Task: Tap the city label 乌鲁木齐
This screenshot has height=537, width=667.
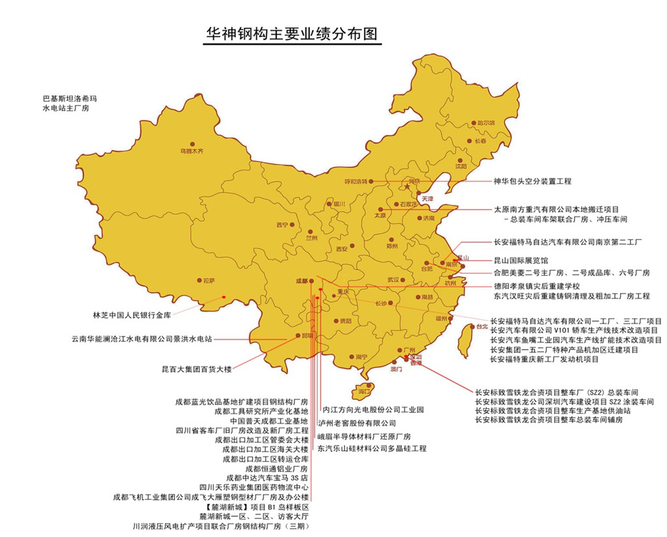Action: tap(192, 151)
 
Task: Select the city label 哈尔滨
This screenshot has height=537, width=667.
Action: tap(485, 123)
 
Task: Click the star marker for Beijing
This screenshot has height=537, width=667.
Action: tap(407, 187)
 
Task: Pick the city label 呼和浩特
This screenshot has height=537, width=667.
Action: tap(356, 182)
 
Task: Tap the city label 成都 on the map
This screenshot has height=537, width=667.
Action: tap(301, 281)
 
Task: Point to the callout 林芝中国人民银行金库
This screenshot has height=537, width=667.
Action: tap(132, 315)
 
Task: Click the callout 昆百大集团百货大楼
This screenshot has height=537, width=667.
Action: tap(197, 369)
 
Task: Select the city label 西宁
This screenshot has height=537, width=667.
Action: tap(281, 225)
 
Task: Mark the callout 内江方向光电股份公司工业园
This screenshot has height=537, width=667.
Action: tap(374, 410)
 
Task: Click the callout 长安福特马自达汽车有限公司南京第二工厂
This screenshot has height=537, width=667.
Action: tap(568, 242)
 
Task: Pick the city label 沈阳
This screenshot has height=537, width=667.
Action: tap(461, 166)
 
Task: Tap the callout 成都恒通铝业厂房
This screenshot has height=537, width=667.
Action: tap(277, 468)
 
